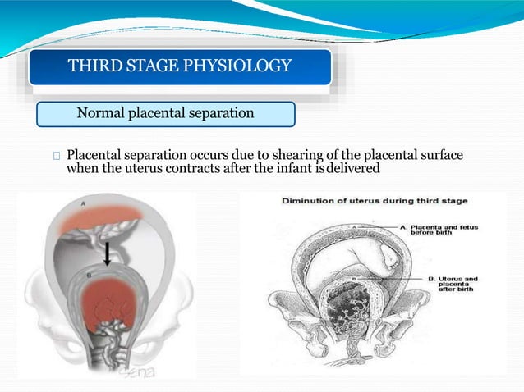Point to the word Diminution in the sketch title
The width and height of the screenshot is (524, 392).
[316, 201]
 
